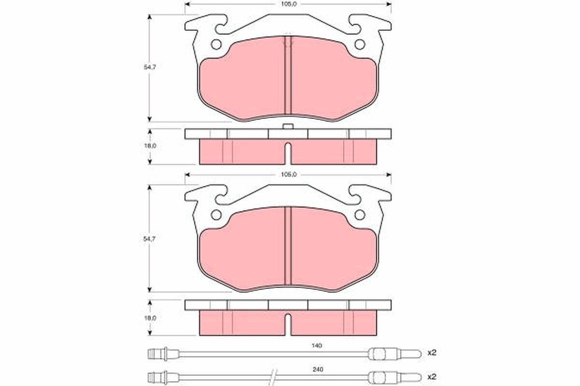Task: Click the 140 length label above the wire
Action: point(317,345)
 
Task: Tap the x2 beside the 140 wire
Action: point(432,353)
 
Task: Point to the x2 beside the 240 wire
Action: point(432,376)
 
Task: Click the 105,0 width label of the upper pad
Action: point(289,4)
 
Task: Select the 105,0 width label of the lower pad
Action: point(289,175)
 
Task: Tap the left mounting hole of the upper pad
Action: point(216,44)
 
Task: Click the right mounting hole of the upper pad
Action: point(359,44)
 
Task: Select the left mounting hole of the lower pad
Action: point(216,215)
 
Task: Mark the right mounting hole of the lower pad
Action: point(359,215)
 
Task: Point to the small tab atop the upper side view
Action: point(288,126)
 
